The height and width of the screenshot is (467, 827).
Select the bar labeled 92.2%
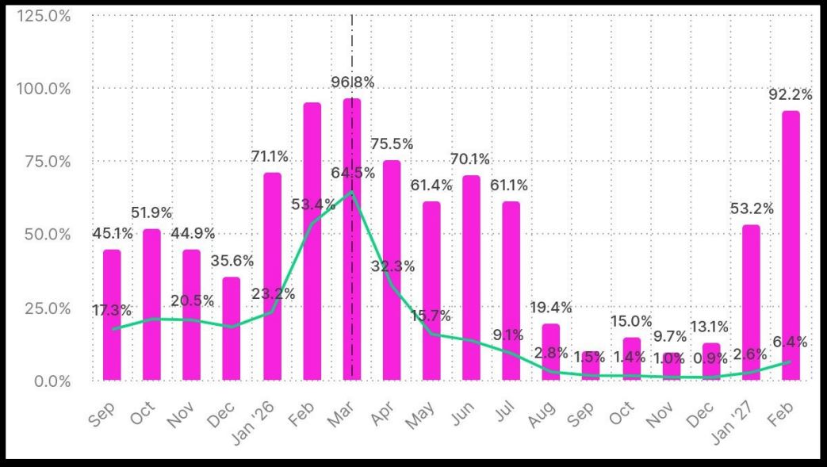(x=791, y=245)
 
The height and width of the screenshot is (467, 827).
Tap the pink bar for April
(x=392, y=270)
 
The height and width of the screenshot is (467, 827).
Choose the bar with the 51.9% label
(x=152, y=304)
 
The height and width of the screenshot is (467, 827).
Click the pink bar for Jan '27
(x=751, y=302)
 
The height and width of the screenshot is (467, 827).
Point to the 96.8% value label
(x=352, y=82)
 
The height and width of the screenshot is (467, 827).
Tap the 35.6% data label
(x=232, y=261)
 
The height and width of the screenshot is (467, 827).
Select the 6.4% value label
(x=791, y=343)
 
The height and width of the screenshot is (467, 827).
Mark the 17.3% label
(x=112, y=310)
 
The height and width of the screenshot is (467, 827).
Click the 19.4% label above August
(x=551, y=308)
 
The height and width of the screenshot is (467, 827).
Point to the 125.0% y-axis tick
(x=44, y=14)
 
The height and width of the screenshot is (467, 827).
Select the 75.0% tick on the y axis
(x=44, y=161)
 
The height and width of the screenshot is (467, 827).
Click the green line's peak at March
(x=352, y=192)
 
